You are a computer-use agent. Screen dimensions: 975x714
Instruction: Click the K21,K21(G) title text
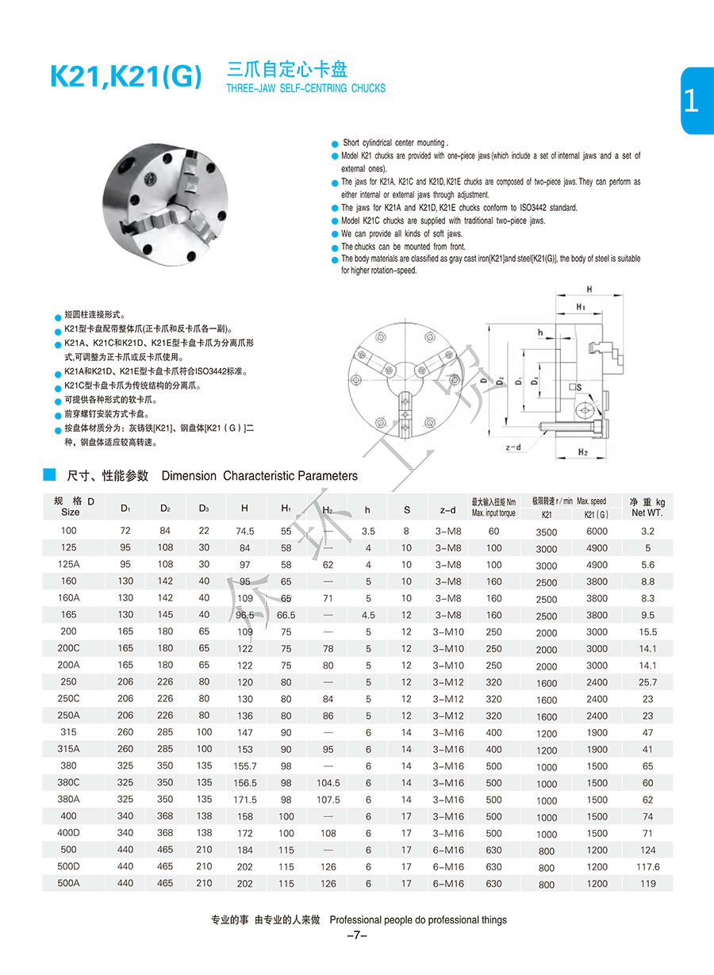126,78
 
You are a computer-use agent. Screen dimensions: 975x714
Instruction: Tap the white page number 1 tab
692,101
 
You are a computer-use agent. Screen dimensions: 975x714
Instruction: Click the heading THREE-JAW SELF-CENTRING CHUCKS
305,88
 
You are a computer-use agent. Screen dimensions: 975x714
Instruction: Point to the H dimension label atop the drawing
589,290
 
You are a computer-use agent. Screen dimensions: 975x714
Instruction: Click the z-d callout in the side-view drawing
513,447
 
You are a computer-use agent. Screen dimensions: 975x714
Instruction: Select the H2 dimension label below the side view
582,452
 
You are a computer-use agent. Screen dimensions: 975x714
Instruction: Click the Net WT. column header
647,513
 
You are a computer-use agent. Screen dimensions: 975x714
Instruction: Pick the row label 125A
70,565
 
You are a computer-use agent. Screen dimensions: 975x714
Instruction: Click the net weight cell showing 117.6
647,866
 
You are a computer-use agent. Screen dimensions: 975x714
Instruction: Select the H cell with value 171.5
244,800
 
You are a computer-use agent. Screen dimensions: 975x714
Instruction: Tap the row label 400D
70,833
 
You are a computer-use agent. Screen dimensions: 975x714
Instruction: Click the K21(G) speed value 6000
597,532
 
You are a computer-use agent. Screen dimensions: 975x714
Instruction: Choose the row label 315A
70,749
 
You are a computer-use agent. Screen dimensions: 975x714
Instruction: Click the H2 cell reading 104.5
328,782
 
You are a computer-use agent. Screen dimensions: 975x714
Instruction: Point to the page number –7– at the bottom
357,935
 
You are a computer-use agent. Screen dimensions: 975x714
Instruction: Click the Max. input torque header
493,513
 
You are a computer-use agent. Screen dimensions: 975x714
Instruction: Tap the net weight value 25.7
647,682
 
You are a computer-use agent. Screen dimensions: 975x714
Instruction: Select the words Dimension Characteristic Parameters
259,476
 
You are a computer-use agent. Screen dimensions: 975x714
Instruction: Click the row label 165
70,615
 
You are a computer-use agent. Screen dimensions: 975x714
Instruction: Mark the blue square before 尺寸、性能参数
49,474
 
